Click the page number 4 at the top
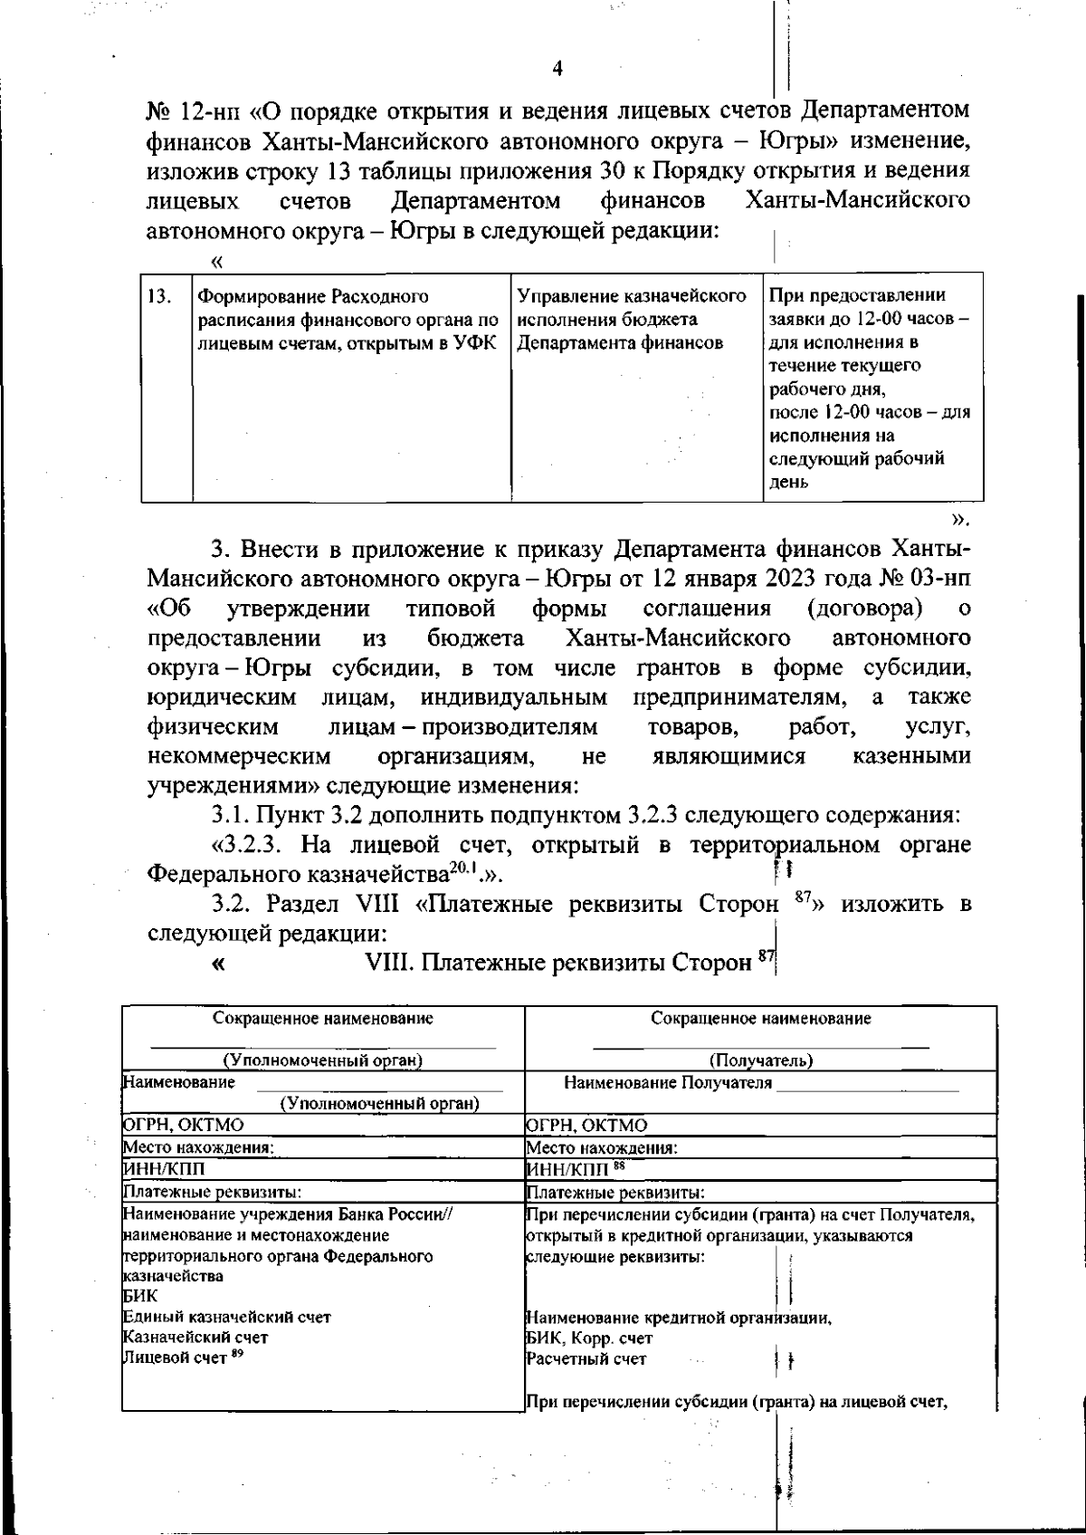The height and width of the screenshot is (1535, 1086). [557, 69]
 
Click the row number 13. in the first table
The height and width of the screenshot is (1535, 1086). [159, 297]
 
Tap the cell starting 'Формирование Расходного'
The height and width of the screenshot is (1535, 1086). [348, 320]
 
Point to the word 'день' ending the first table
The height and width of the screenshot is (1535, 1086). [788, 483]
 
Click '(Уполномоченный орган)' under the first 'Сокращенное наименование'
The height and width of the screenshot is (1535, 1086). [323, 1060]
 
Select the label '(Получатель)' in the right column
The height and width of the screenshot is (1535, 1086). [760, 1060]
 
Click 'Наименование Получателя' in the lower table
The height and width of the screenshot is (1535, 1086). [668, 1083]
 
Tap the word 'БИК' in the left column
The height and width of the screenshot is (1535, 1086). [139, 1296]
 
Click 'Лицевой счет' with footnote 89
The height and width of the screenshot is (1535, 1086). [175, 1358]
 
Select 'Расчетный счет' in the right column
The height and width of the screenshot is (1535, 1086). [586, 1358]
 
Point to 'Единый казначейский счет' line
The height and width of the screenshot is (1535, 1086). [226, 1317]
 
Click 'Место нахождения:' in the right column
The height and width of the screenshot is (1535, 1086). [602, 1147]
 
